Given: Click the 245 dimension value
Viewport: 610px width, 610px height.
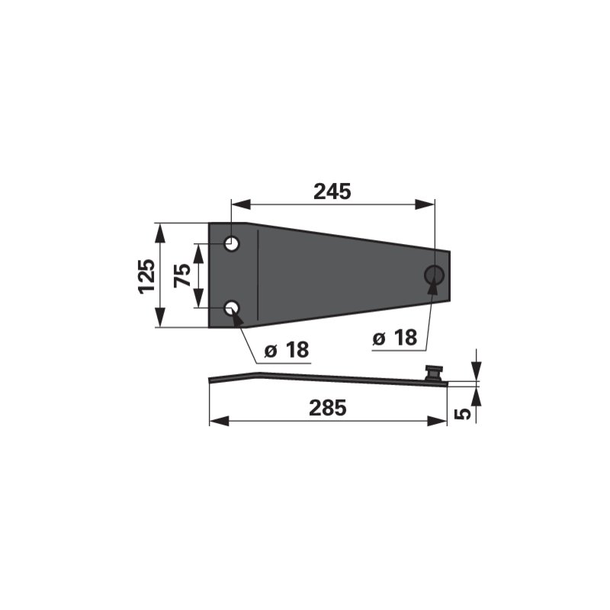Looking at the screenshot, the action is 332,191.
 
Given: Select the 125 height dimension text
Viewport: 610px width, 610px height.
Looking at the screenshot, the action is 147,276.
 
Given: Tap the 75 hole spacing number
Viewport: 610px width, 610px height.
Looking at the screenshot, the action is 182,275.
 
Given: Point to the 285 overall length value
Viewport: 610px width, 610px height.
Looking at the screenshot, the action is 328,408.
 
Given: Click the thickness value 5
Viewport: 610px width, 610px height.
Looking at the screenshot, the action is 463,414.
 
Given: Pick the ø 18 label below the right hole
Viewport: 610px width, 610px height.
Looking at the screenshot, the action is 394,337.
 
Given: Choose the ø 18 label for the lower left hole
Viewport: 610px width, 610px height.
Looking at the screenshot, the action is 287,350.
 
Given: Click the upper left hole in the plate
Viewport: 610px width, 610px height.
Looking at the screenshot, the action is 233,244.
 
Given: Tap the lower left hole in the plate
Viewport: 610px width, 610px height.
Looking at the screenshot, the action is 233,308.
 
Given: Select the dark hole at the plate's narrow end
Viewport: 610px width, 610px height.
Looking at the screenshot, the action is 434,275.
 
